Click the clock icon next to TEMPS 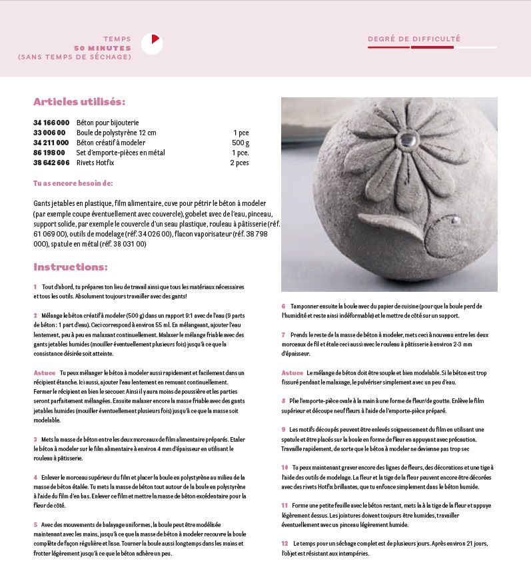pyautogui.click(x=152, y=43)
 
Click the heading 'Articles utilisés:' pyautogui.click(x=79, y=102)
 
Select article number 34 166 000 pyautogui.click(x=51, y=123)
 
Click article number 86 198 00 pyautogui.click(x=49, y=153)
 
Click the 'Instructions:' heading pyautogui.click(x=70, y=267)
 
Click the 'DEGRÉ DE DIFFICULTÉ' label pyautogui.click(x=414, y=39)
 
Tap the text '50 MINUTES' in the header pyautogui.click(x=103, y=48)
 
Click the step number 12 pyautogui.click(x=284, y=544)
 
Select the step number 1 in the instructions pyautogui.click(x=35, y=286)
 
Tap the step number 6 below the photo pyautogui.click(x=283, y=306)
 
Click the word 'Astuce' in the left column pyautogui.click(x=44, y=372)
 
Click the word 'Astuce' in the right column pyautogui.click(x=292, y=372)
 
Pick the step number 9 pyautogui.click(x=283, y=430)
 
